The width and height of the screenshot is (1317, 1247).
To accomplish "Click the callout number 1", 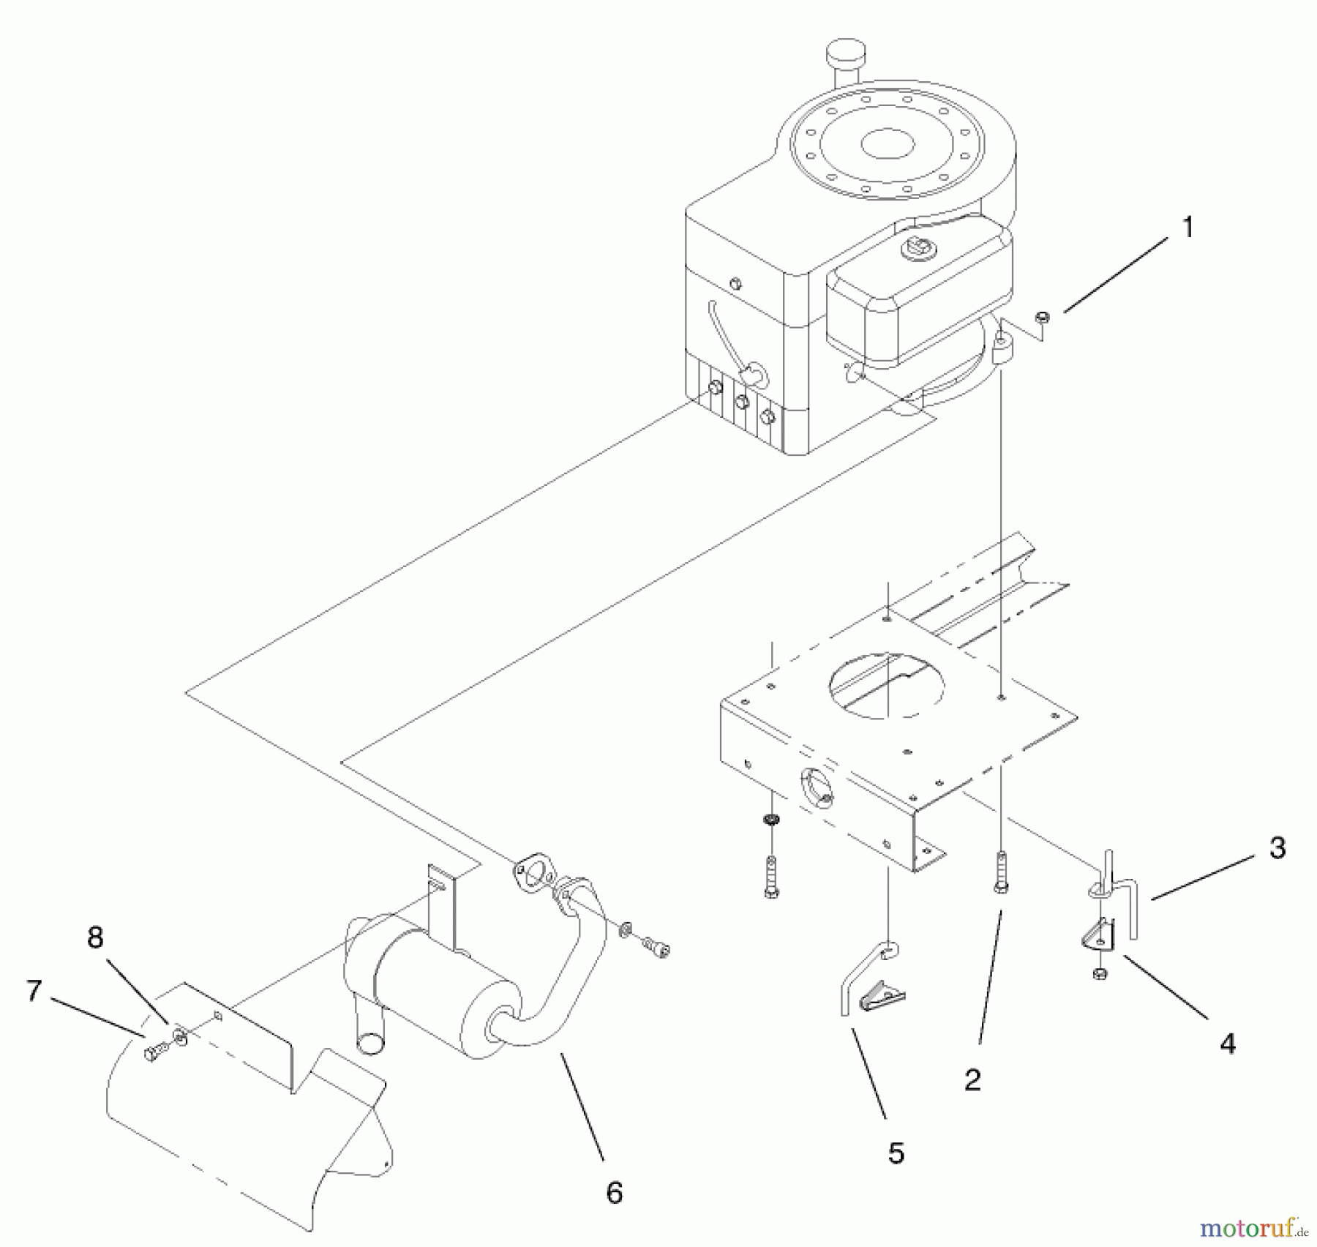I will (1187, 228).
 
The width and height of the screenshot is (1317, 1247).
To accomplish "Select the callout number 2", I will (972, 1079).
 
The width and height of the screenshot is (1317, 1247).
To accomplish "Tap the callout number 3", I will (1277, 848).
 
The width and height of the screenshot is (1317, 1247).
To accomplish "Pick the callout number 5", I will (896, 1154).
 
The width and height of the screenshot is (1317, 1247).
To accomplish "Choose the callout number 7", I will (34, 991).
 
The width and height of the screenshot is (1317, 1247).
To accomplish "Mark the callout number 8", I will (95, 938).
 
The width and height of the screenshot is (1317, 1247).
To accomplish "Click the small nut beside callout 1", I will (1043, 317).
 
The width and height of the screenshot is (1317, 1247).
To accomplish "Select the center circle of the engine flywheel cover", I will (888, 143).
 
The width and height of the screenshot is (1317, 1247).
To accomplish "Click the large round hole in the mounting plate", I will (886, 686).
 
